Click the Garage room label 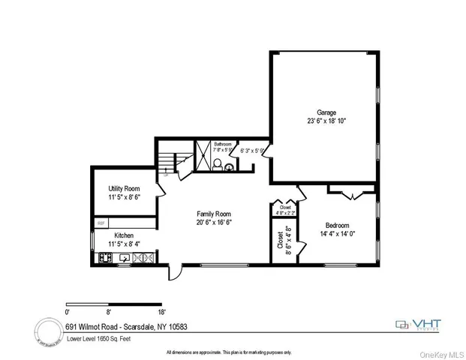326,112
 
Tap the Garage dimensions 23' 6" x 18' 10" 326,121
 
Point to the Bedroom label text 338,226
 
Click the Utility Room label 125,188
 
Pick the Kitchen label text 124,235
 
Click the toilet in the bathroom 218,165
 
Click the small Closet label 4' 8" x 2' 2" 286,210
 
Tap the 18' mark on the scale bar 161,310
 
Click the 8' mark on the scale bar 109,310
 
